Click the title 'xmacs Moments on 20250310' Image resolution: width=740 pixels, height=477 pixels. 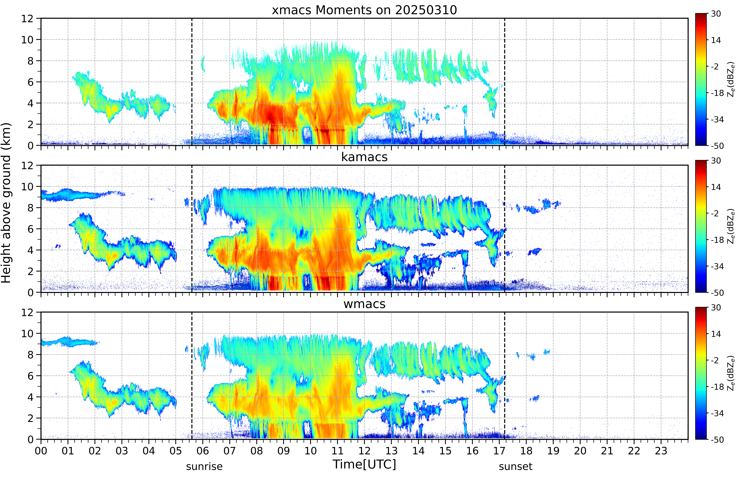pos(364,10)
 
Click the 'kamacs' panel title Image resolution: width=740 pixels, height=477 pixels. pos(364,157)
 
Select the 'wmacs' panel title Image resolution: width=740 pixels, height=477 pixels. pos(364,304)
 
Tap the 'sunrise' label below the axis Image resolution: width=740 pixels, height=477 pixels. pos(204,466)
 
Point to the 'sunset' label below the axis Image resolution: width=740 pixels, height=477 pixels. pos(516,466)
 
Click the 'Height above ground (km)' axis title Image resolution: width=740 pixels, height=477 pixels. pos(6,203)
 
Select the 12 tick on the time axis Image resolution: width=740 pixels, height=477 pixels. pos(365,451)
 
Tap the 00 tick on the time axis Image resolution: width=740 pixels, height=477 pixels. pos(41,451)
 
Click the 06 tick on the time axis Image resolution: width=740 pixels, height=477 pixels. pos(203,451)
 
